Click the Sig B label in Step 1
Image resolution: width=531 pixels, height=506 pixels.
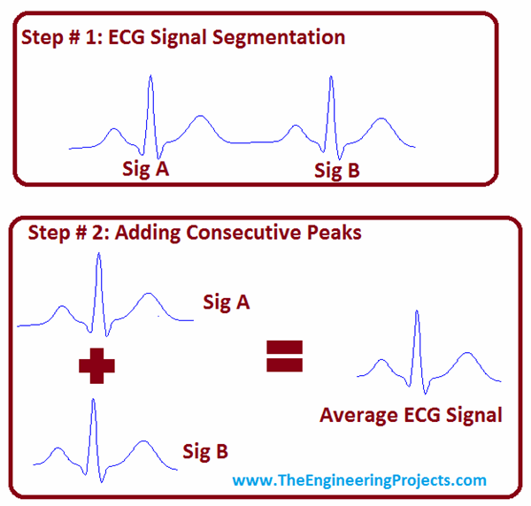[337, 170]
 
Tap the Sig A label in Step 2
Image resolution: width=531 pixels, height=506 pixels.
[226, 303]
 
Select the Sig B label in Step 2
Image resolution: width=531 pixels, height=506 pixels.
[204, 452]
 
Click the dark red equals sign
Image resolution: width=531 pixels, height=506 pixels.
[284, 356]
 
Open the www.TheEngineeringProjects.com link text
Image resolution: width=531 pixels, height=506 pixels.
[359, 480]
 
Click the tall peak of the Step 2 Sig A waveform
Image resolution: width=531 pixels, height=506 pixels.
[98, 257]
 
